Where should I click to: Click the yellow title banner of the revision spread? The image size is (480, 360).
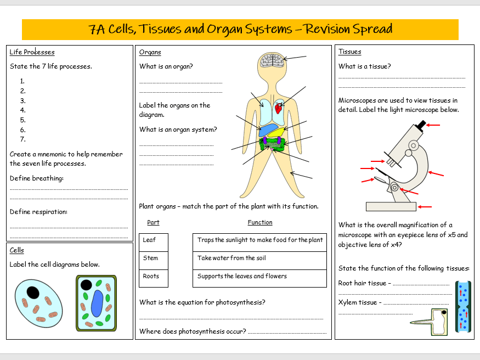pos(240,29)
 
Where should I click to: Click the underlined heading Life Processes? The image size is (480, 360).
pos(32,52)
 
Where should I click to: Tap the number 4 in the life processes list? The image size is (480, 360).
pos(23,110)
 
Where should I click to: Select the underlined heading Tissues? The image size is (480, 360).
pos(349,52)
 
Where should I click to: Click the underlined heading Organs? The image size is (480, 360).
pos(150,52)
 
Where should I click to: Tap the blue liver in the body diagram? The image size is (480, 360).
pos(270,130)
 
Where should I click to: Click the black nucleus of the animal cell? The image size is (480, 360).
pos(33,292)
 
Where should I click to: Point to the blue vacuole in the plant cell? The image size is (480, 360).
pos(97,303)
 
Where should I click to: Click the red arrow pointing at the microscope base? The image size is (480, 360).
pos(425,207)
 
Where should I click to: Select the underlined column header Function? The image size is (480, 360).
pos(260,223)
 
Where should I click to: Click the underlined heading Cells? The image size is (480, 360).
pos(16,251)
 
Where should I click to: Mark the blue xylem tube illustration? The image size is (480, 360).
pos(463,308)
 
